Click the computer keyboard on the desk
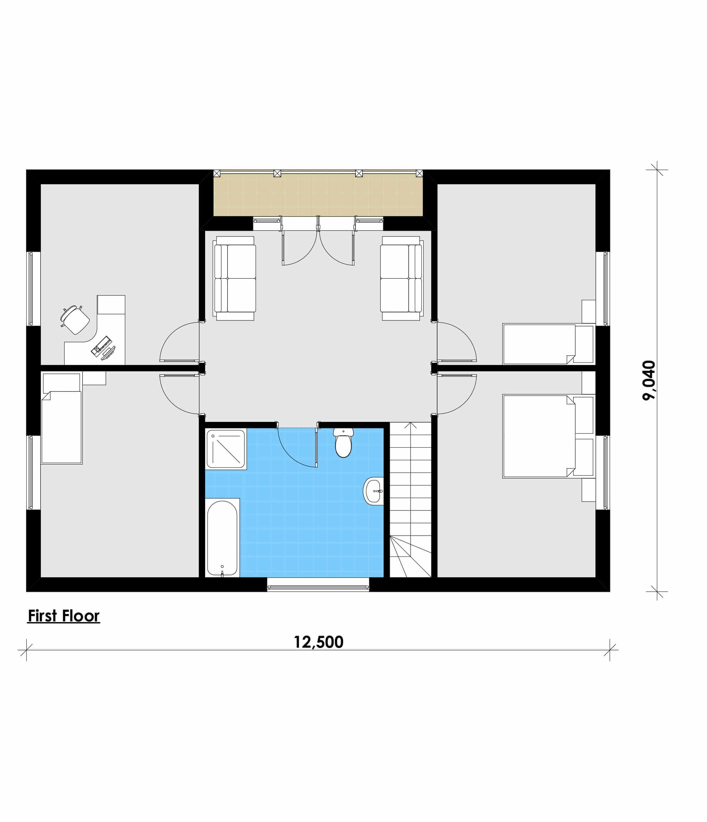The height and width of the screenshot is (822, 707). (101, 345)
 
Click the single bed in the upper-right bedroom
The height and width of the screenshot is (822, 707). (548, 344)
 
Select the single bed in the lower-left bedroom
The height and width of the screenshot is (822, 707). (62, 419)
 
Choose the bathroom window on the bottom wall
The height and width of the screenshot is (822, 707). (318, 585)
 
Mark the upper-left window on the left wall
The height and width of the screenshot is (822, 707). (33, 289)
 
